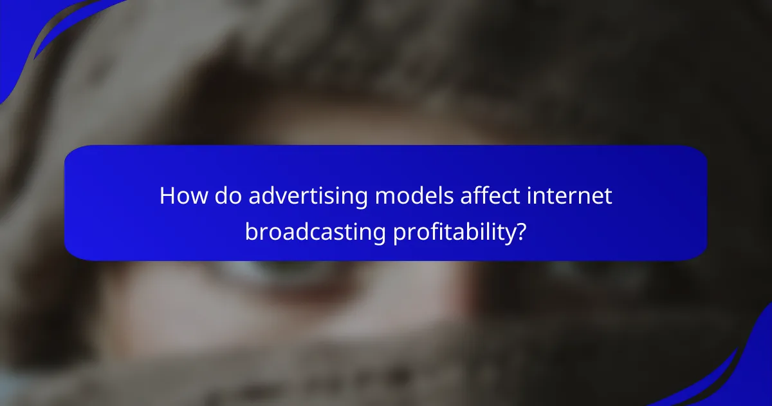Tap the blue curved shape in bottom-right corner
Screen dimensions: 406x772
740,374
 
